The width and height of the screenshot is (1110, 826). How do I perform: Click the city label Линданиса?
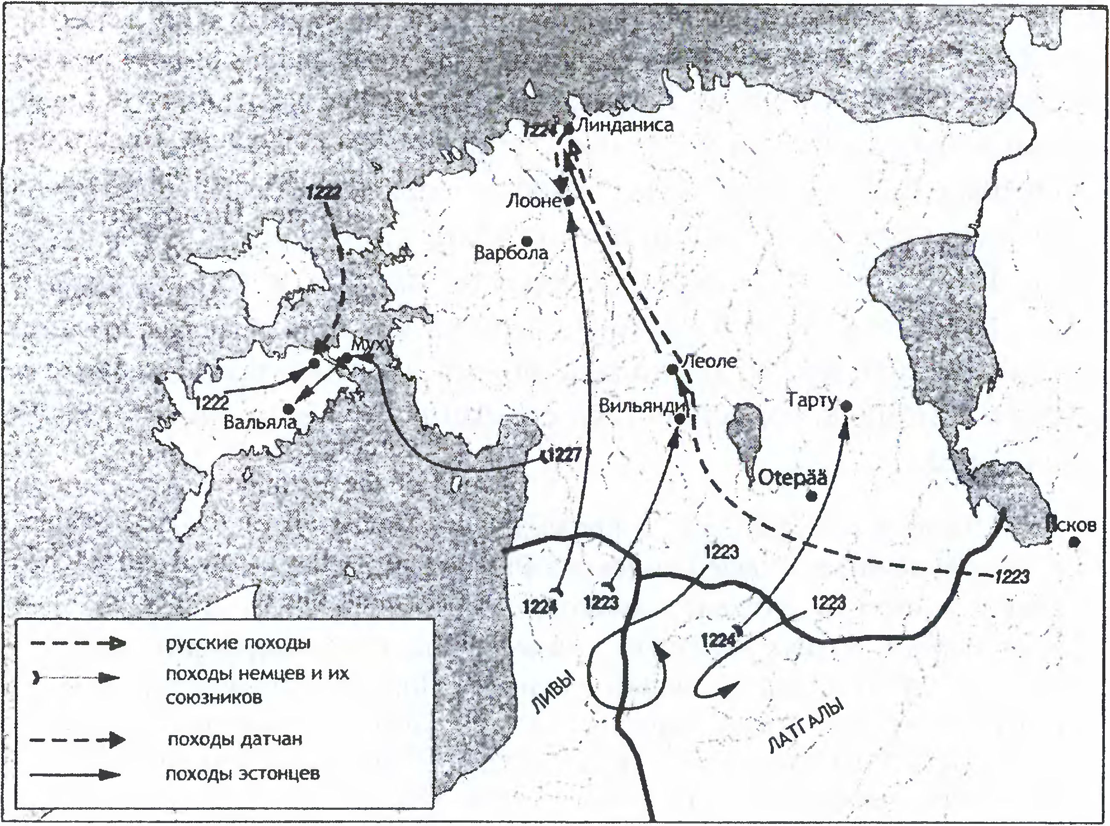pos(624,125)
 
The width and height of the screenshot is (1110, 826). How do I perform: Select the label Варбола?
pos(511,253)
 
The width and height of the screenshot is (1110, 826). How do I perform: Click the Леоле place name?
pos(709,361)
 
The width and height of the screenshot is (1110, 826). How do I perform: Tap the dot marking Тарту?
pos(846,406)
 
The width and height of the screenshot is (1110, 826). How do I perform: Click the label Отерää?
pos(793,478)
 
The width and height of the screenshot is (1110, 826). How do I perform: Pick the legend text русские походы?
pos(238,643)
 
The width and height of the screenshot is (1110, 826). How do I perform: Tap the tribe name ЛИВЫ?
pos(552,695)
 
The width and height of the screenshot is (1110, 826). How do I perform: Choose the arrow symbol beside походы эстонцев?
pos(75,775)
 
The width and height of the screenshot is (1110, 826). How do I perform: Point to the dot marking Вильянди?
pos(680,419)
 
